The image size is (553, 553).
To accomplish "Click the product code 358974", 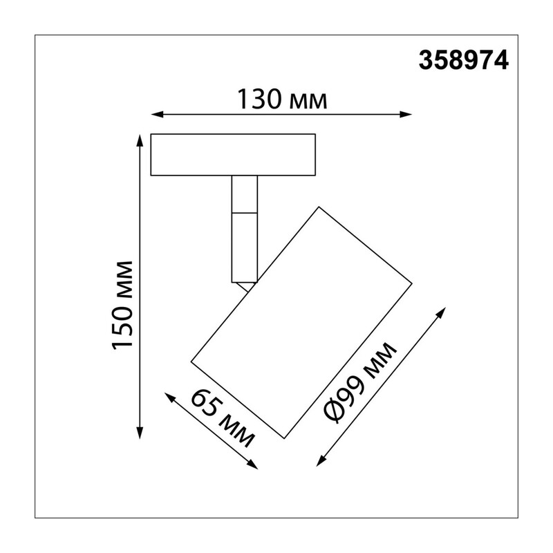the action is click(x=463, y=60).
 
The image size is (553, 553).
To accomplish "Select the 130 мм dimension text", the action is click(x=282, y=99).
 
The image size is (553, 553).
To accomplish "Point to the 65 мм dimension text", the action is click(x=222, y=419).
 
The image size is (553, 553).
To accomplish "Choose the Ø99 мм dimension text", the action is click(x=361, y=383).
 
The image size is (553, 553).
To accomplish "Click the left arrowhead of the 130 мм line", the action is click(x=157, y=114).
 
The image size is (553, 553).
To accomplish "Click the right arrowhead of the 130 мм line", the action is click(x=406, y=114).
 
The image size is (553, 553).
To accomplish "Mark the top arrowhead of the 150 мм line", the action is click(x=140, y=140).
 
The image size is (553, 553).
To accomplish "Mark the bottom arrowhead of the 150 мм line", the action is click(x=140, y=433).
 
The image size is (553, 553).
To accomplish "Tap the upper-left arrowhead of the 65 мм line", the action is click(x=170, y=398).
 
